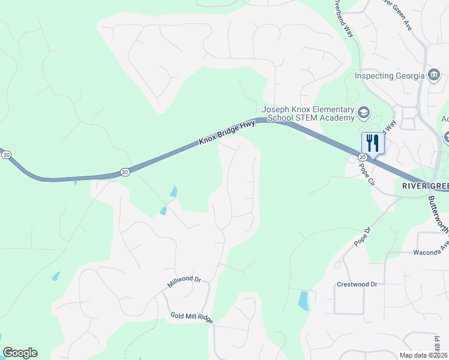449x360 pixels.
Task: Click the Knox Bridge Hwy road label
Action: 228,133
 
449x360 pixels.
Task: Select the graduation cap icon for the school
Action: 364,112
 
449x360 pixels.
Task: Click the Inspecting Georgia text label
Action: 390,76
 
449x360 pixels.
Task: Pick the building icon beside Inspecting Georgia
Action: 434,75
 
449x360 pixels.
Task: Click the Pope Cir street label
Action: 366,176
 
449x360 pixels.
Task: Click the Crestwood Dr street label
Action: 357,284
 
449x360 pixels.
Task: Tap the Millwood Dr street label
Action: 184,282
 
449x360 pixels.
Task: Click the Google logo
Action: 20,353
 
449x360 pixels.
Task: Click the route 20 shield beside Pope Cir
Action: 362,157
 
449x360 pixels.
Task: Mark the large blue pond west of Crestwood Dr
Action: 304,300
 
